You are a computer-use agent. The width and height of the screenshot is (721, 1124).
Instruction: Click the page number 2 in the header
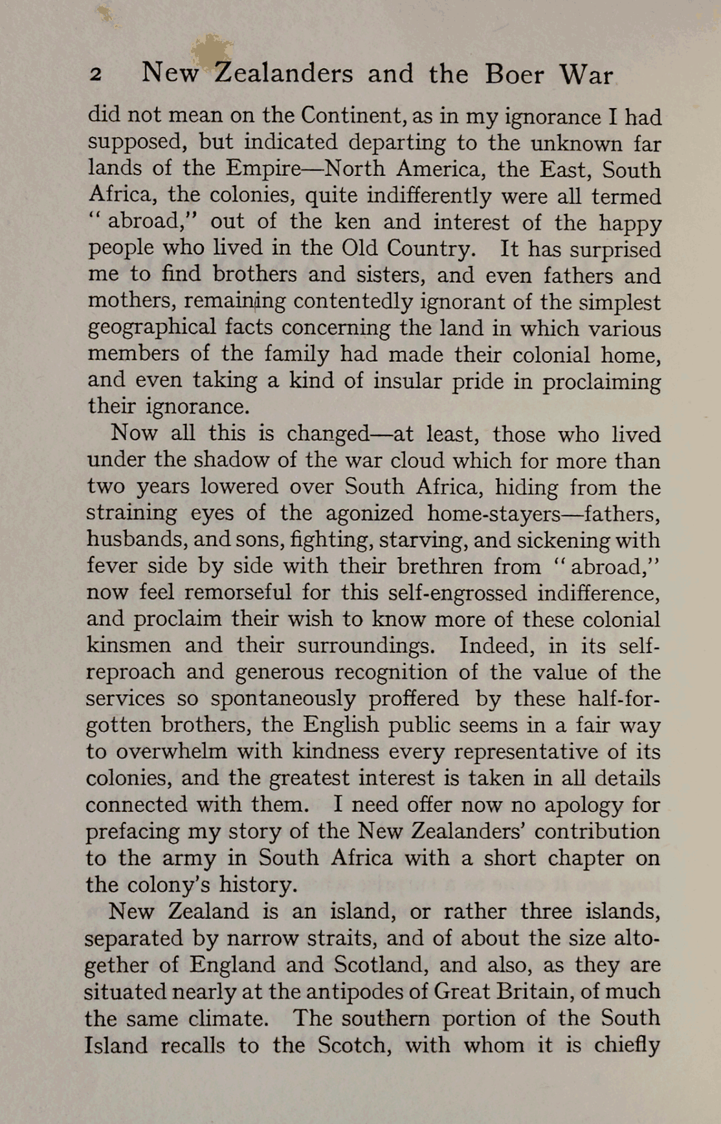click(x=95, y=74)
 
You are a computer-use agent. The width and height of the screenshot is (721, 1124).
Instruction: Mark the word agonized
click(x=369, y=513)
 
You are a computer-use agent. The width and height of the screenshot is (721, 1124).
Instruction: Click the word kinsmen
click(x=129, y=645)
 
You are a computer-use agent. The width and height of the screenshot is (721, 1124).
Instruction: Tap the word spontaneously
click(x=283, y=698)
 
